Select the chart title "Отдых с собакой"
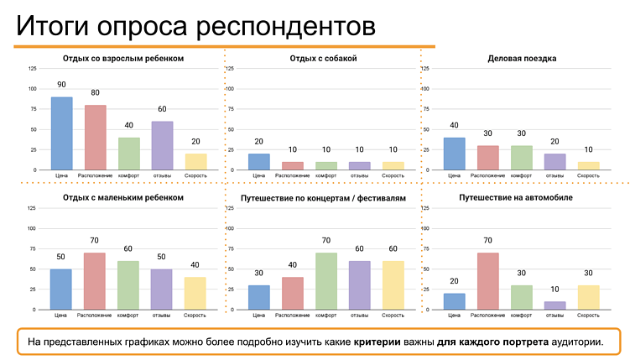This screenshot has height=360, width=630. coord(323,59)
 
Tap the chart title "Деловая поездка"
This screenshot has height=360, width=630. coord(521,59)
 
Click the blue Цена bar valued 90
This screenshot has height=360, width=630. coord(61,133)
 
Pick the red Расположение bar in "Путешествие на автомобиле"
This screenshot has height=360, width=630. coord(487,281)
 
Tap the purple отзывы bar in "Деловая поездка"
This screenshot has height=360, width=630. coord(555,162)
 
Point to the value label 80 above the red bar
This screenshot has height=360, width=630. coord(95,93)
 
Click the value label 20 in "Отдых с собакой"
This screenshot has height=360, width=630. coord(259,142)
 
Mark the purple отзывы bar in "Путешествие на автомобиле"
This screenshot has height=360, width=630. coord(555,305)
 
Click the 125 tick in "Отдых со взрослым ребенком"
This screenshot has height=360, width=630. coord(32,69)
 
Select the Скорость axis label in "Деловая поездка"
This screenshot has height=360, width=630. coord(588,176)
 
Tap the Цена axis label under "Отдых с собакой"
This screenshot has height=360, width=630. coord(259,176)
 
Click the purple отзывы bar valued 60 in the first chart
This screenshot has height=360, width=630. coord(162,145)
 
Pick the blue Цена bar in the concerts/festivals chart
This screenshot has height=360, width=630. coord(259,297)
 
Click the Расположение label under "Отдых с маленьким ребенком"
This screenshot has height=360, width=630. coord(95,316)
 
